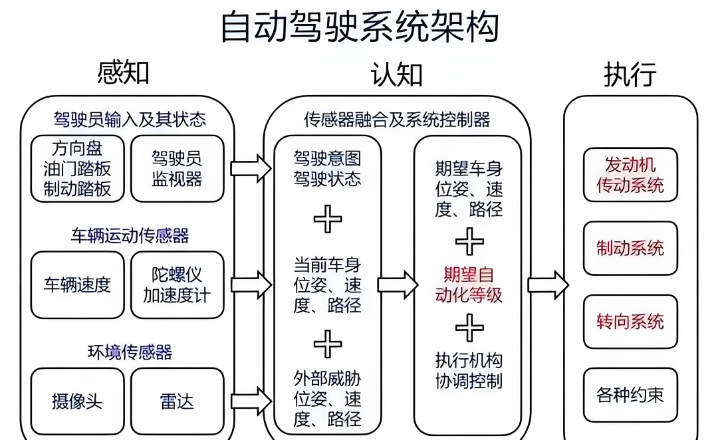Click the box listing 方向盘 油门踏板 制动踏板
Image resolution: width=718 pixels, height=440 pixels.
(x=77, y=169)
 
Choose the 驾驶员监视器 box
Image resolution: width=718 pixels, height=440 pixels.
(x=177, y=169)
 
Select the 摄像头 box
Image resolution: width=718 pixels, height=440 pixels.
(x=77, y=401)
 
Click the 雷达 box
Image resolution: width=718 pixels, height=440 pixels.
(x=177, y=401)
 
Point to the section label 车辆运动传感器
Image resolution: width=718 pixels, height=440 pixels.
(x=130, y=235)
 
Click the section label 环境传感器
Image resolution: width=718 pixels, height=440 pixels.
(x=130, y=352)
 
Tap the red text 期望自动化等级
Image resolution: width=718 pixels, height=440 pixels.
(x=469, y=284)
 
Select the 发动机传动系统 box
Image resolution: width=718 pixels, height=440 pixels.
(x=630, y=174)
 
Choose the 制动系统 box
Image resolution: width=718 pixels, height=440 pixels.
(x=630, y=249)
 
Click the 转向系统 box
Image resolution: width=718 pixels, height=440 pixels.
(x=630, y=322)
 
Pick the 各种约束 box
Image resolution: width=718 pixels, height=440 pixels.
(x=630, y=395)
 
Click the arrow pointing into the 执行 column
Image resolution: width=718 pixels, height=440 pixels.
(x=548, y=285)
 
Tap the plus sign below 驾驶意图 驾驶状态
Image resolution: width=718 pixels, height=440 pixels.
(x=328, y=219)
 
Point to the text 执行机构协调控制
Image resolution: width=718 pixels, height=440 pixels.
(x=469, y=370)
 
